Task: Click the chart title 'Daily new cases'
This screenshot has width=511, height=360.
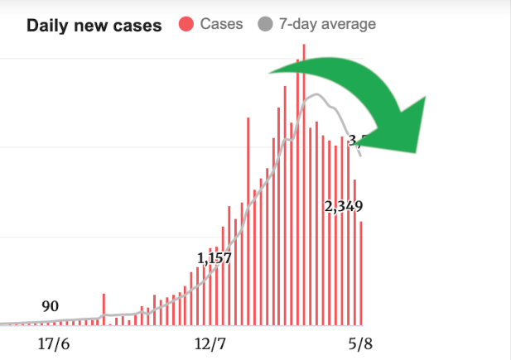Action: point(94,25)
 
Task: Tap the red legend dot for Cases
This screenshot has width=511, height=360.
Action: point(186,24)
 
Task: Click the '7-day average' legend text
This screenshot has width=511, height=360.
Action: point(327,24)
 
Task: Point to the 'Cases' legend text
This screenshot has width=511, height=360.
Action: point(221,24)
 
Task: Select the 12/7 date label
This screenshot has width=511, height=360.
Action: point(210,343)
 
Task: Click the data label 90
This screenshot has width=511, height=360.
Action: point(50,306)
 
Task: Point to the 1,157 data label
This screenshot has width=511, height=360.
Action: point(215,257)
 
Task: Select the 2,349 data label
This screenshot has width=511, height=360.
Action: point(343,206)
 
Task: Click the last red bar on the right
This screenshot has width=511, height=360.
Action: point(361,273)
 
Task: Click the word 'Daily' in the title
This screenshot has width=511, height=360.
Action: point(47,25)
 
